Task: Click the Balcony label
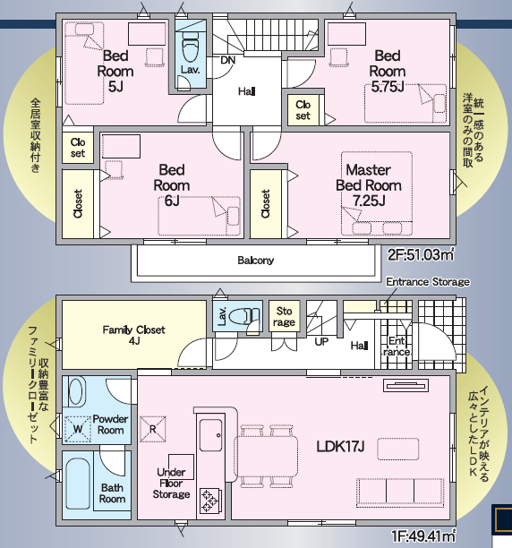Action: (x=255, y=261)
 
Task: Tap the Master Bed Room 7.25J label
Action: (x=369, y=185)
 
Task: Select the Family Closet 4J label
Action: (x=133, y=335)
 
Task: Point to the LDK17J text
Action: (x=340, y=446)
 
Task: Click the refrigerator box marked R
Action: (x=153, y=429)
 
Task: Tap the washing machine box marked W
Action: (x=78, y=429)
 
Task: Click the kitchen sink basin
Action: (x=210, y=435)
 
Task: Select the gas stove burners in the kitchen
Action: (x=210, y=501)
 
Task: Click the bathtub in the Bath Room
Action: (x=78, y=484)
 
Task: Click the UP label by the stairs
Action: (x=321, y=341)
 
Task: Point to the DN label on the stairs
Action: (x=228, y=60)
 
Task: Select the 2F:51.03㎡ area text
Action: (x=421, y=255)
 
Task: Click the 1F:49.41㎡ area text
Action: (x=423, y=535)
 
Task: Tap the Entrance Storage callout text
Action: (x=428, y=282)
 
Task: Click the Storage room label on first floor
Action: (x=284, y=316)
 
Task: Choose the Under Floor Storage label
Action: (x=171, y=483)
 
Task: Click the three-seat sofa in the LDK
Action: (x=400, y=492)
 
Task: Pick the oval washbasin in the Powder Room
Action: (x=76, y=392)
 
